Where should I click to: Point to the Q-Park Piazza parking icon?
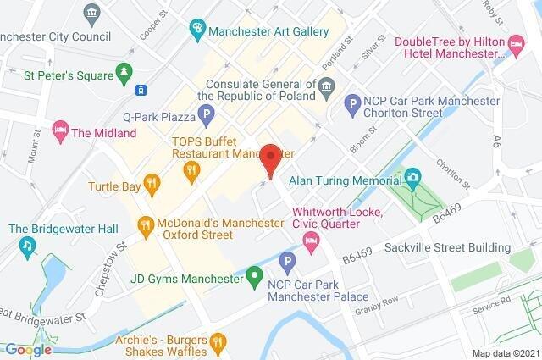point(203,113)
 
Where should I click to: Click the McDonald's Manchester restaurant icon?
point(146,224)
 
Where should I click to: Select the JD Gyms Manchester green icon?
point(253,276)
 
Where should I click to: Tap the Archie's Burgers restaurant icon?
point(218,341)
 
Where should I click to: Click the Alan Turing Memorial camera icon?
point(412,178)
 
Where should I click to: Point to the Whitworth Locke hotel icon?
point(312,245)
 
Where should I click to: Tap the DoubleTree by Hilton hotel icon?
point(516,42)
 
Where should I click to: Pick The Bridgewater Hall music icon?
point(27,246)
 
